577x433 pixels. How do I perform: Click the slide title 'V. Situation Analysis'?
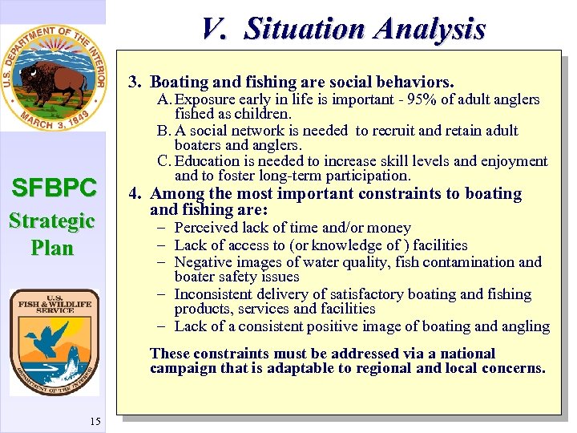click(343, 29)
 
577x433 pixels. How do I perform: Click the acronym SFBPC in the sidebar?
click(53, 188)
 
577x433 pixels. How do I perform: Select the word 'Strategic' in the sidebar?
click(53, 221)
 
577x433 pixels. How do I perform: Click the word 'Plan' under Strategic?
click(53, 248)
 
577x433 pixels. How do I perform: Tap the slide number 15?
click(95, 422)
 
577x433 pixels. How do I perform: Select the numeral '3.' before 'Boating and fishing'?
click(135, 82)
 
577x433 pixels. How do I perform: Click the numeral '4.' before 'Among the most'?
click(135, 193)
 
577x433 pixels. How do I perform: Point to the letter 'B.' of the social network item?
click(165, 131)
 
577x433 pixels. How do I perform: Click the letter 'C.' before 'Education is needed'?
click(165, 161)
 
